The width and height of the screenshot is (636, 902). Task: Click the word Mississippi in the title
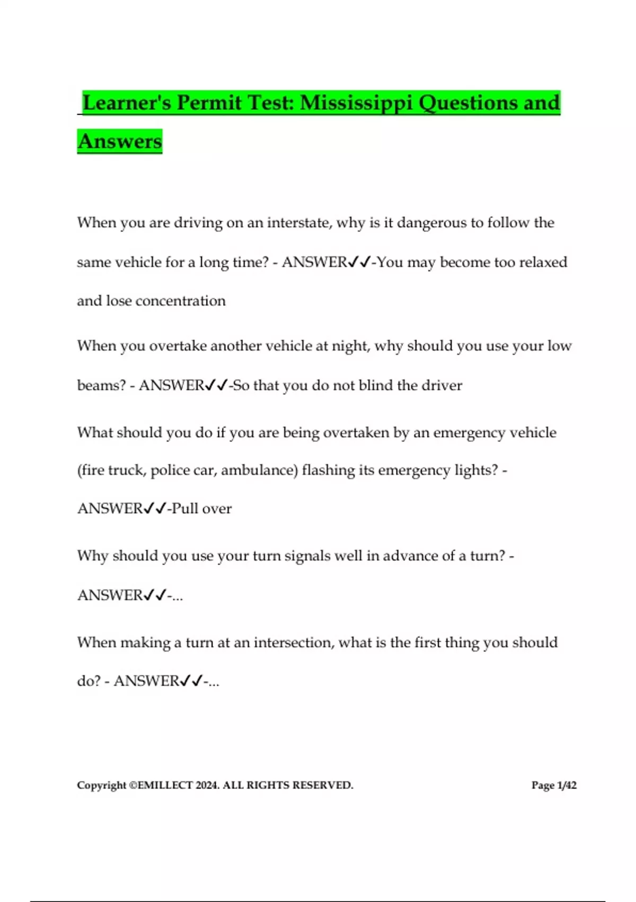pos(356,102)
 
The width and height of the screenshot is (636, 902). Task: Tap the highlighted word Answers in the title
pos(120,142)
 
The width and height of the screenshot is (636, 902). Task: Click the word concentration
pos(181,301)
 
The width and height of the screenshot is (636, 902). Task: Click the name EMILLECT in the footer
pos(165,785)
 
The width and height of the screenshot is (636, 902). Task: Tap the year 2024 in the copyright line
pos(207,785)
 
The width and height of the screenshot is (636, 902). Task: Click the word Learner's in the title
pos(127,102)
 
